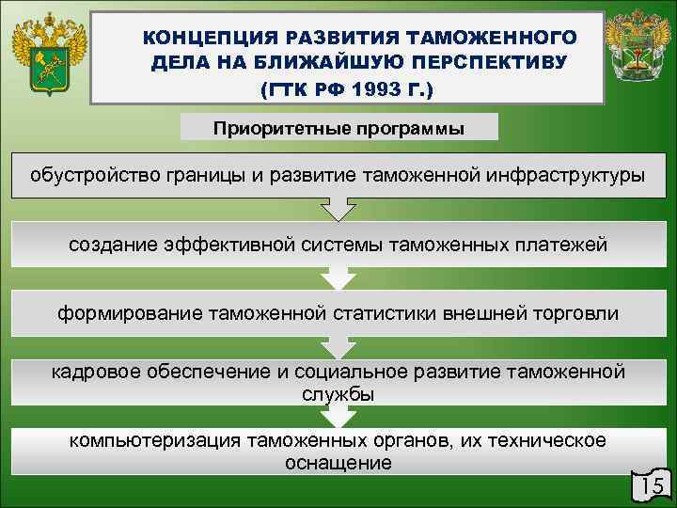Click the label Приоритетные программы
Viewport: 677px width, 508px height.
[338, 127]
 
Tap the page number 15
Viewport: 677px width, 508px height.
[651, 485]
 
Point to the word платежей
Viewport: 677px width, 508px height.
[563, 245]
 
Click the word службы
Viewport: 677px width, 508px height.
[338, 394]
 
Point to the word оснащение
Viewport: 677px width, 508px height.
[338, 463]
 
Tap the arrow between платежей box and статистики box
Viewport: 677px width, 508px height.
[338, 278]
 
